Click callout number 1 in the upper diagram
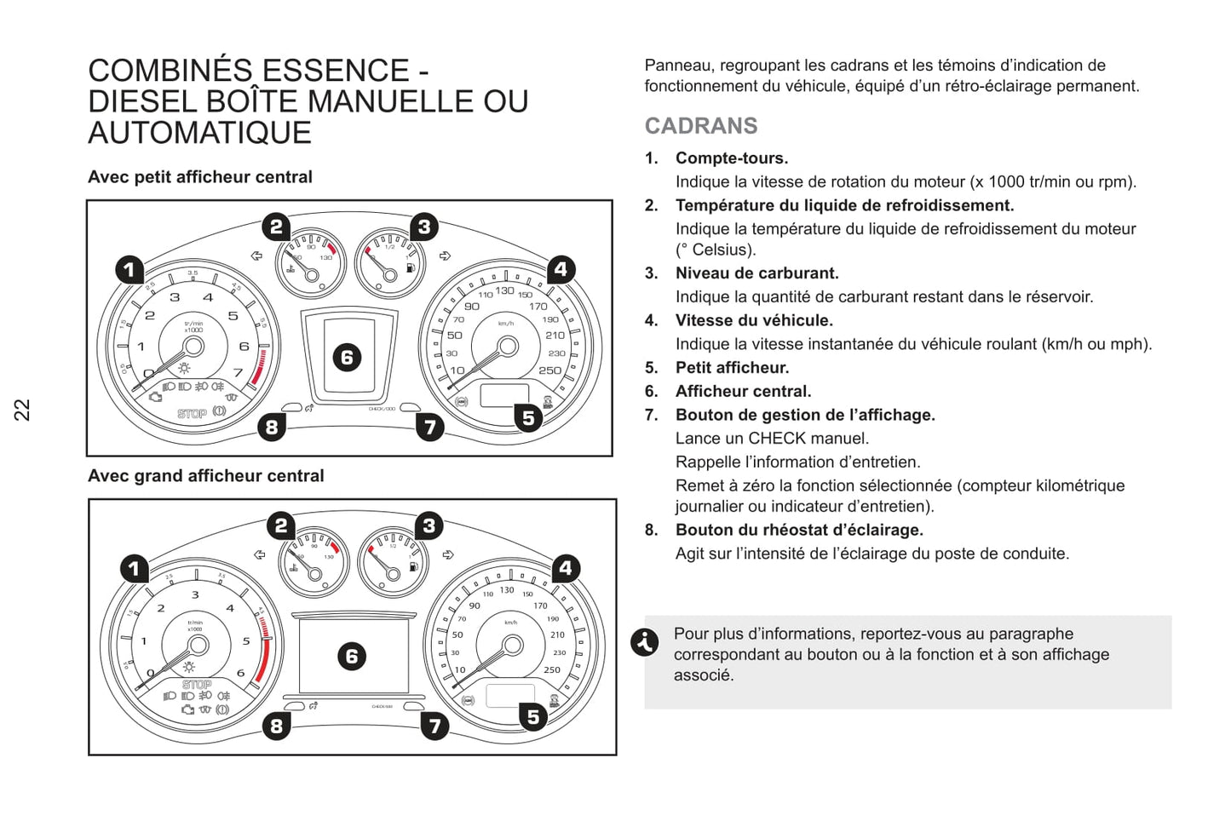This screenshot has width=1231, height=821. [x=129, y=270]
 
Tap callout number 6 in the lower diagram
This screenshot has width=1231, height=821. [x=352, y=656]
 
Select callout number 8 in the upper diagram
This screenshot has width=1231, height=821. [x=272, y=427]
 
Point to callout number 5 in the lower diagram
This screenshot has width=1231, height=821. [x=533, y=717]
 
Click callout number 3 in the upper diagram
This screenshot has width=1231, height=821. [x=424, y=227]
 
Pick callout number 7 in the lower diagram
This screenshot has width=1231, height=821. [x=434, y=726]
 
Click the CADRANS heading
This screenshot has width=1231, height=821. [x=700, y=126]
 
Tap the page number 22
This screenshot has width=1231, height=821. [x=22, y=410]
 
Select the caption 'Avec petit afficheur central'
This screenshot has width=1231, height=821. [x=200, y=177]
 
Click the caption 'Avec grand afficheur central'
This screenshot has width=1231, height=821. [x=206, y=476]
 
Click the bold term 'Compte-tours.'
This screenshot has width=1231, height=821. [x=732, y=158]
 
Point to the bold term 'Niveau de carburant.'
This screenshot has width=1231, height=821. [x=756, y=273]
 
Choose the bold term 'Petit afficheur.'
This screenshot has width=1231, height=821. [x=732, y=368]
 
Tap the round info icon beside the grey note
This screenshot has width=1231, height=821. [x=645, y=641]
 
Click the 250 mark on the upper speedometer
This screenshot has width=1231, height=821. [x=550, y=370]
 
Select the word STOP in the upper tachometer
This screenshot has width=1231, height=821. [x=192, y=414]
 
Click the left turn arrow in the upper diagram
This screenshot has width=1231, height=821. [x=256, y=255]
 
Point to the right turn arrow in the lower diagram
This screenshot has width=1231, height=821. [x=448, y=555]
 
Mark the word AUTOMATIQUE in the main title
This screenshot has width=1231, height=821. [x=200, y=134]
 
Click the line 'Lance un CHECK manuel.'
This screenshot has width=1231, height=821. [x=772, y=439]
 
